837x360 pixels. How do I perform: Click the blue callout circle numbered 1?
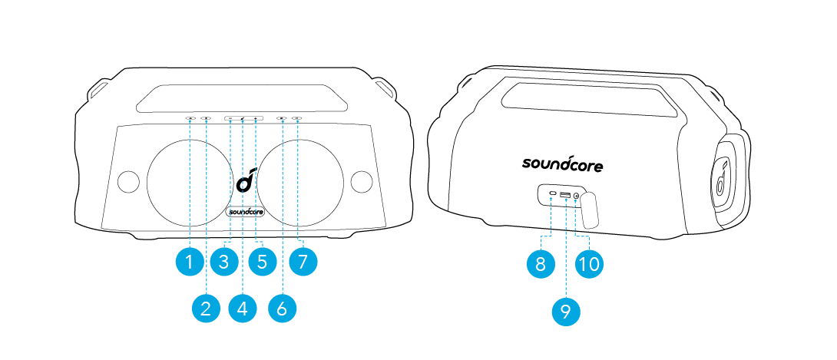pos(189,262)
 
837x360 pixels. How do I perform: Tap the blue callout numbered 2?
pos(206,309)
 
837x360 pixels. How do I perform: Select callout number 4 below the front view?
pos(242,309)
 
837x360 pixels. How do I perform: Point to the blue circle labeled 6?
pos(282,309)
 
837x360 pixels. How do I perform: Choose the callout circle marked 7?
pos(303,262)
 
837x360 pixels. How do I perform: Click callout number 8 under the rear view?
pos(541,264)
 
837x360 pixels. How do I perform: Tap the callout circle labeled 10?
pos(590,264)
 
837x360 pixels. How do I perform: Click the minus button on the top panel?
pos(230,118)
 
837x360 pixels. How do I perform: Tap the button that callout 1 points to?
pos(190,118)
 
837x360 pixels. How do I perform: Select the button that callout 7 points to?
pos(297,118)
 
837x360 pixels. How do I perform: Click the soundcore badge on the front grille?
pos(243,212)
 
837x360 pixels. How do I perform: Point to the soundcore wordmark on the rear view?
pos(562,163)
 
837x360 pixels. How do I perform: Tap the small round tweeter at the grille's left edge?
pos(128,181)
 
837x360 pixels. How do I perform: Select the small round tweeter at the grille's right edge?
pos(362,181)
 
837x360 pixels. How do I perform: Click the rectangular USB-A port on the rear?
pos(565,194)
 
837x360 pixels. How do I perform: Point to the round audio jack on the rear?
pos(577,196)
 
